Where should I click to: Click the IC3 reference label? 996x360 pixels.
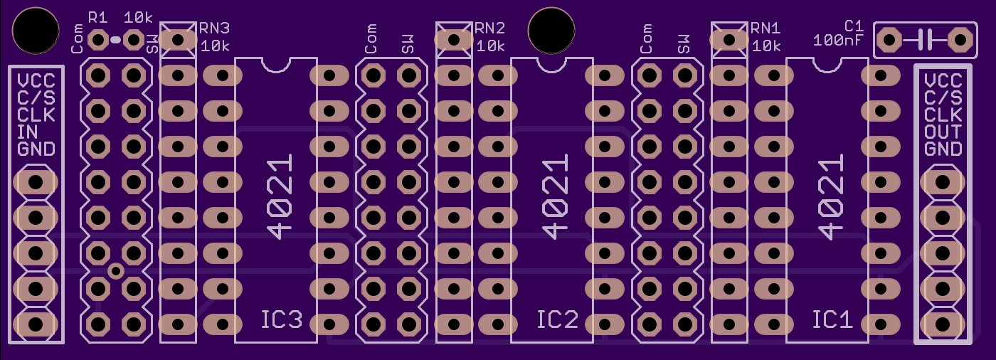(282, 319)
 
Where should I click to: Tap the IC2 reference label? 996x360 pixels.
(558, 319)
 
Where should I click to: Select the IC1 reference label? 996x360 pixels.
(833, 319)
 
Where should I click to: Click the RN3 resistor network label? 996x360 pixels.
(214, 28)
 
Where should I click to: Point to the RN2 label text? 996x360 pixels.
(490, 28)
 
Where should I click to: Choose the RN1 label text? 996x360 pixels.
(765, 28)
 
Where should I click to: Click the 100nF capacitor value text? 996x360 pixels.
(838, 41)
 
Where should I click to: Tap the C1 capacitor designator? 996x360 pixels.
(854, 26)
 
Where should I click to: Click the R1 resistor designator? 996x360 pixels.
(98, 18)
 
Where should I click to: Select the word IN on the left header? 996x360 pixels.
(28, 132)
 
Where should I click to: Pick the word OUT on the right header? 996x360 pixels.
(943, 132)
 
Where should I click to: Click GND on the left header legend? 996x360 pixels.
(36, 149)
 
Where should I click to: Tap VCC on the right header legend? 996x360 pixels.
(943, 81)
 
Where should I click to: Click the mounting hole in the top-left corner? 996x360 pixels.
(36, 30)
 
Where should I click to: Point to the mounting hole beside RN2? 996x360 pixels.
(551, 30)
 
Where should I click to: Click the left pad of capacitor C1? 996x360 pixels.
(889, 40)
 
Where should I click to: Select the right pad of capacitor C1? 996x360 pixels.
(960, 40)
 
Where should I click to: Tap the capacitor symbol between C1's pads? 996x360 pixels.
(925, 40)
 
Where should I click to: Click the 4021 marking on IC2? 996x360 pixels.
(555, 197)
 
